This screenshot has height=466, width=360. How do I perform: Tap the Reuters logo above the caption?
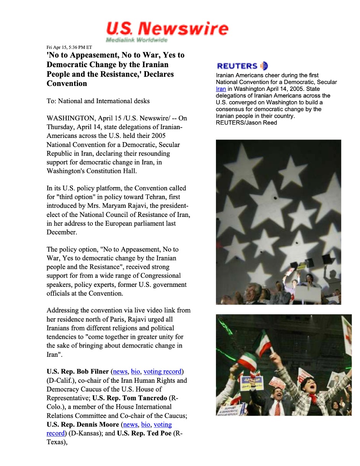coord(242,66)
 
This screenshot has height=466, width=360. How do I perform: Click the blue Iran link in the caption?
coord(221,89)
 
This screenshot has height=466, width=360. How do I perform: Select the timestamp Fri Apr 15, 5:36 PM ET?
coord(69,47)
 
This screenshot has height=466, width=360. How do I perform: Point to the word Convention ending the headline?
coord(67,84)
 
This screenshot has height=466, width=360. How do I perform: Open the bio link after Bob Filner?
coord(136,371)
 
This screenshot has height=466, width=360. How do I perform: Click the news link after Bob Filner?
coord(120,371)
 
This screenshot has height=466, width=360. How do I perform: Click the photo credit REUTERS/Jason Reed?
coord(246,123)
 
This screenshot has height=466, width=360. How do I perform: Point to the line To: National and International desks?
coord(98,101)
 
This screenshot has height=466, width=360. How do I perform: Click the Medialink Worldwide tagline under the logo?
coord(136,40)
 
